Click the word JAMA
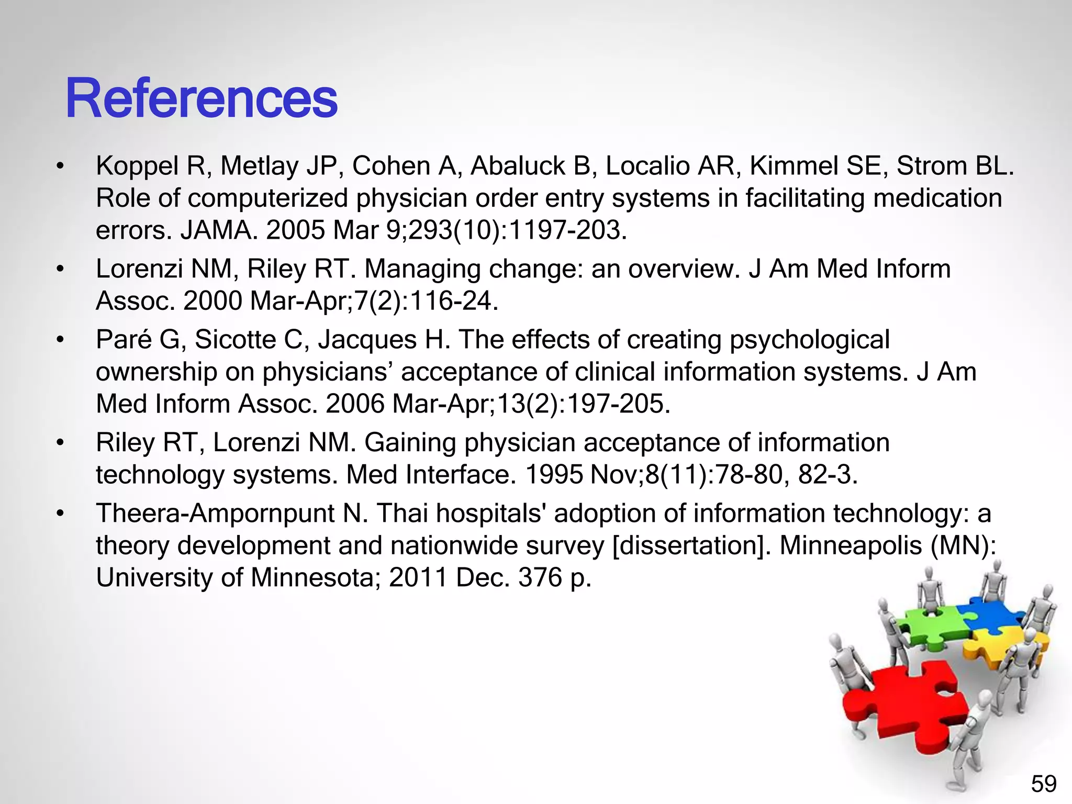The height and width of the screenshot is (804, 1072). point(219,230)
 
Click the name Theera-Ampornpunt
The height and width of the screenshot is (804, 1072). point(215,513)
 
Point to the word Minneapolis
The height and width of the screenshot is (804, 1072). point(850,545)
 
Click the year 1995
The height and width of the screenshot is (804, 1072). point(554,475)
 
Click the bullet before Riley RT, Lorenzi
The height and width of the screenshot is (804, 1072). point(61,443)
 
